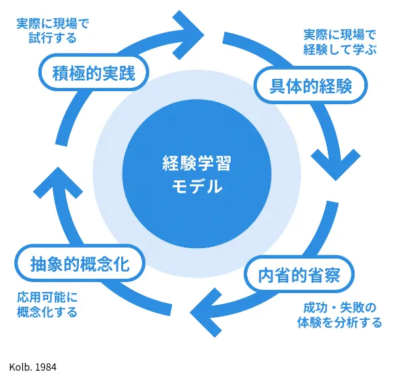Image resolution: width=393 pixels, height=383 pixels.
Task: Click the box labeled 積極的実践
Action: [x=93, y=74]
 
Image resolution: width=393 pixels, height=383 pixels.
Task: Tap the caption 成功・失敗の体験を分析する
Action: [x=341, y=315]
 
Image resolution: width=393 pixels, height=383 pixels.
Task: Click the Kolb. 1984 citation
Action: [x=33, y=367]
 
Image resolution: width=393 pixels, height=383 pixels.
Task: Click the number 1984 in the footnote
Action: [x=46, y=367]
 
